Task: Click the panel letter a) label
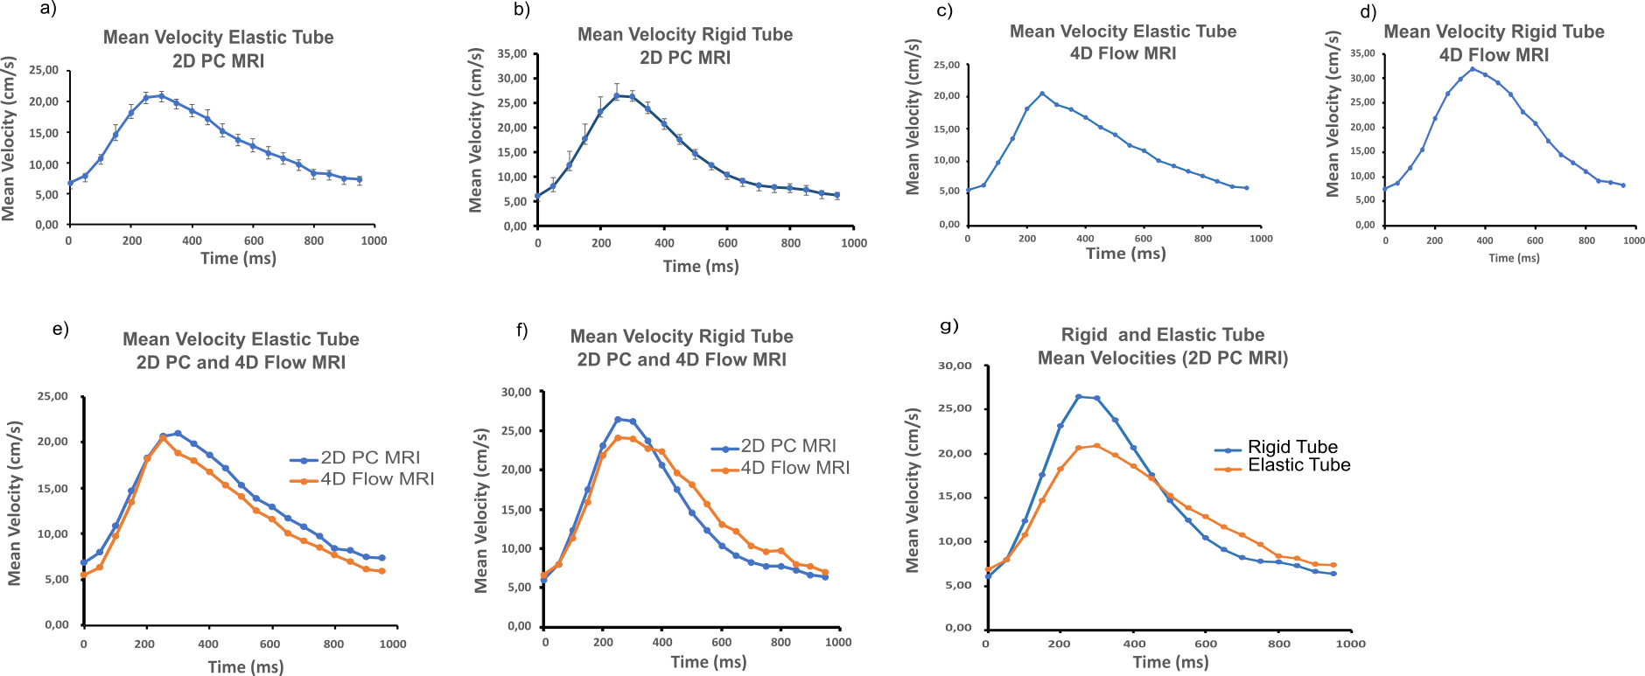[47, 10]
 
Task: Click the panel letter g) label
[948, 326]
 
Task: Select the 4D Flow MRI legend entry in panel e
[376, 479]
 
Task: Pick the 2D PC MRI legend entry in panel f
[787, 446]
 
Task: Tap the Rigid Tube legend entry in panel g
[1291, 448]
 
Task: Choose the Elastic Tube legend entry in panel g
[1298, 465]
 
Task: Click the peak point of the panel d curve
[1473, 69]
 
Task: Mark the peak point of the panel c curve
[1042, 94]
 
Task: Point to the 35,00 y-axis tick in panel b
[512, 54]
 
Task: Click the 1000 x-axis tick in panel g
[1351, 644]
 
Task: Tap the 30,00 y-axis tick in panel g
[955, 366]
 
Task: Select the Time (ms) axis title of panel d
[1514, 258]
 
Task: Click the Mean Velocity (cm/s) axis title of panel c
[913, 116]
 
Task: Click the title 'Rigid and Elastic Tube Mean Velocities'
[1162, 346]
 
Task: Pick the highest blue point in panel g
[1079, 396]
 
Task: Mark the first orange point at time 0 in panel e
[84, 575]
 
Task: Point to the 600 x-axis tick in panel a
[254, 240]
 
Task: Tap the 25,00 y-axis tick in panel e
[52, 396]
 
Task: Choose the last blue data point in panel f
[825, 577]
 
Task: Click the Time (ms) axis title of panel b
[701, 267]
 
